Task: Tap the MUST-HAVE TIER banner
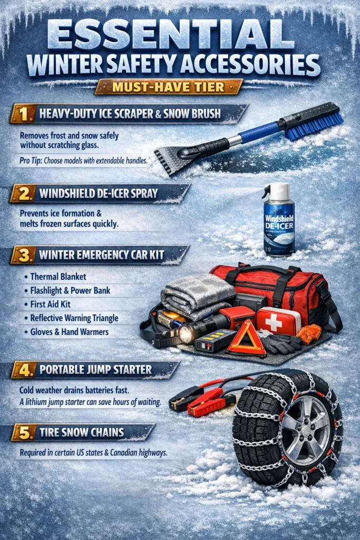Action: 168,86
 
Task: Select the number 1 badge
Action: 22,113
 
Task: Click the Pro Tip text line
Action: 83,160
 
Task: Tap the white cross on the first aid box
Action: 274,321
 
